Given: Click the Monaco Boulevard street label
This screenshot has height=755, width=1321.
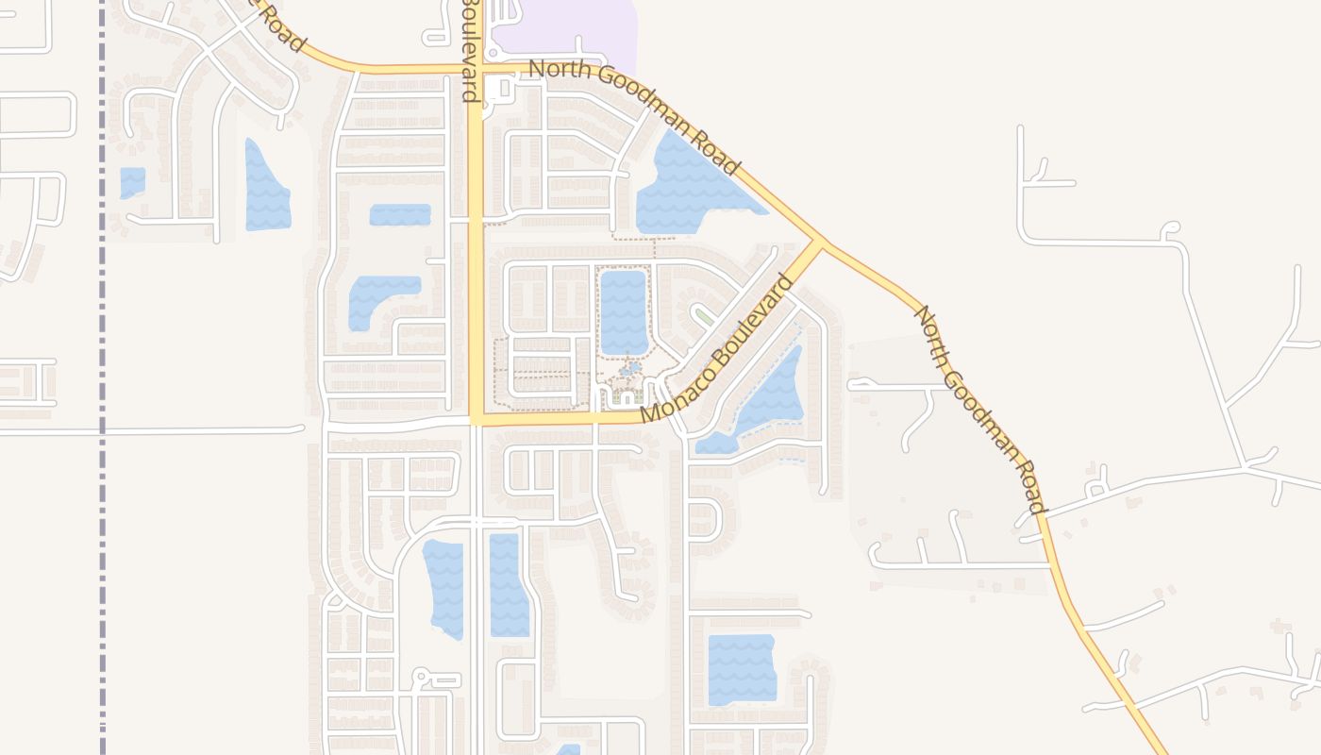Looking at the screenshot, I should [x=717, y=349].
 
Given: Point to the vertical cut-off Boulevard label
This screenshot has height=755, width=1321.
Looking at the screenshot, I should [x=469, y=49].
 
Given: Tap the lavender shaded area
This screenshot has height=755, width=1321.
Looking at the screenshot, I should [x=566, y=33].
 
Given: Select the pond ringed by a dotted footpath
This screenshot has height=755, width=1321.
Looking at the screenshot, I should [x=624, y=311].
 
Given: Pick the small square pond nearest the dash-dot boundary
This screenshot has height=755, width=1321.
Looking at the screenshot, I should [x=132, y=182].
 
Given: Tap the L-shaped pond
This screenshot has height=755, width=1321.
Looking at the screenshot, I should [x=377, y=297].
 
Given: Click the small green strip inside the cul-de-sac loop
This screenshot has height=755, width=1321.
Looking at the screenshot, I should [x=704, y=315].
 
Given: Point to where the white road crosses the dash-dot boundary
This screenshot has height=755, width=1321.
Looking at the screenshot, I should [x=102, y=431].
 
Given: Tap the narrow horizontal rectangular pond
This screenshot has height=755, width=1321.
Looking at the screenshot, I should [x=400, y=214].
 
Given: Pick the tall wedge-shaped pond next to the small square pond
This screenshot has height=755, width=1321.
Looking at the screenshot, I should [x=266, y=189].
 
